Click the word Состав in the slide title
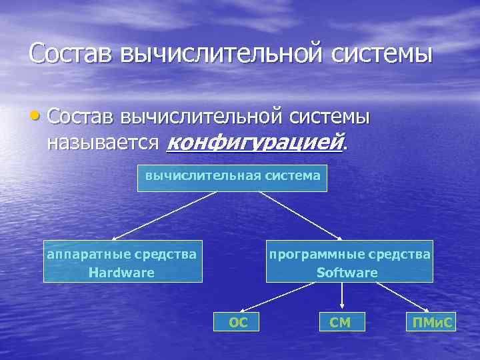[71, 53]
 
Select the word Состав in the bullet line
[81, 117]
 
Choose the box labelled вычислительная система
[232, 176]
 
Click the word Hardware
[121, 273]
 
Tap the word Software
[347, 273]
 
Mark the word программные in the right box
[310, 254]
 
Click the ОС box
[238, 323]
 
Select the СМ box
[340, 323]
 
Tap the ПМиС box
[433, 323]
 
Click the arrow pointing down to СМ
[341, 296]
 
